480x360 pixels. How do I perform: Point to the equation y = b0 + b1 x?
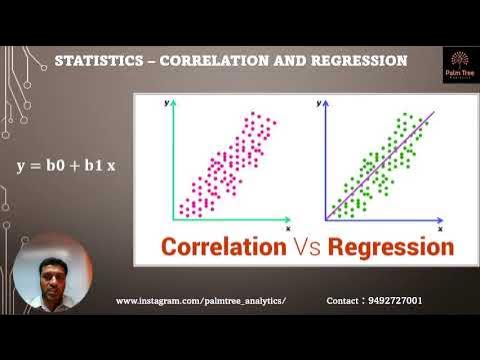(66, 163)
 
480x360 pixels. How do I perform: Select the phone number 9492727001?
(394, 300)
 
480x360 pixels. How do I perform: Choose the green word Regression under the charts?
(386, 245)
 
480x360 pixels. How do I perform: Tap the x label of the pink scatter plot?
(287, 228)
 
